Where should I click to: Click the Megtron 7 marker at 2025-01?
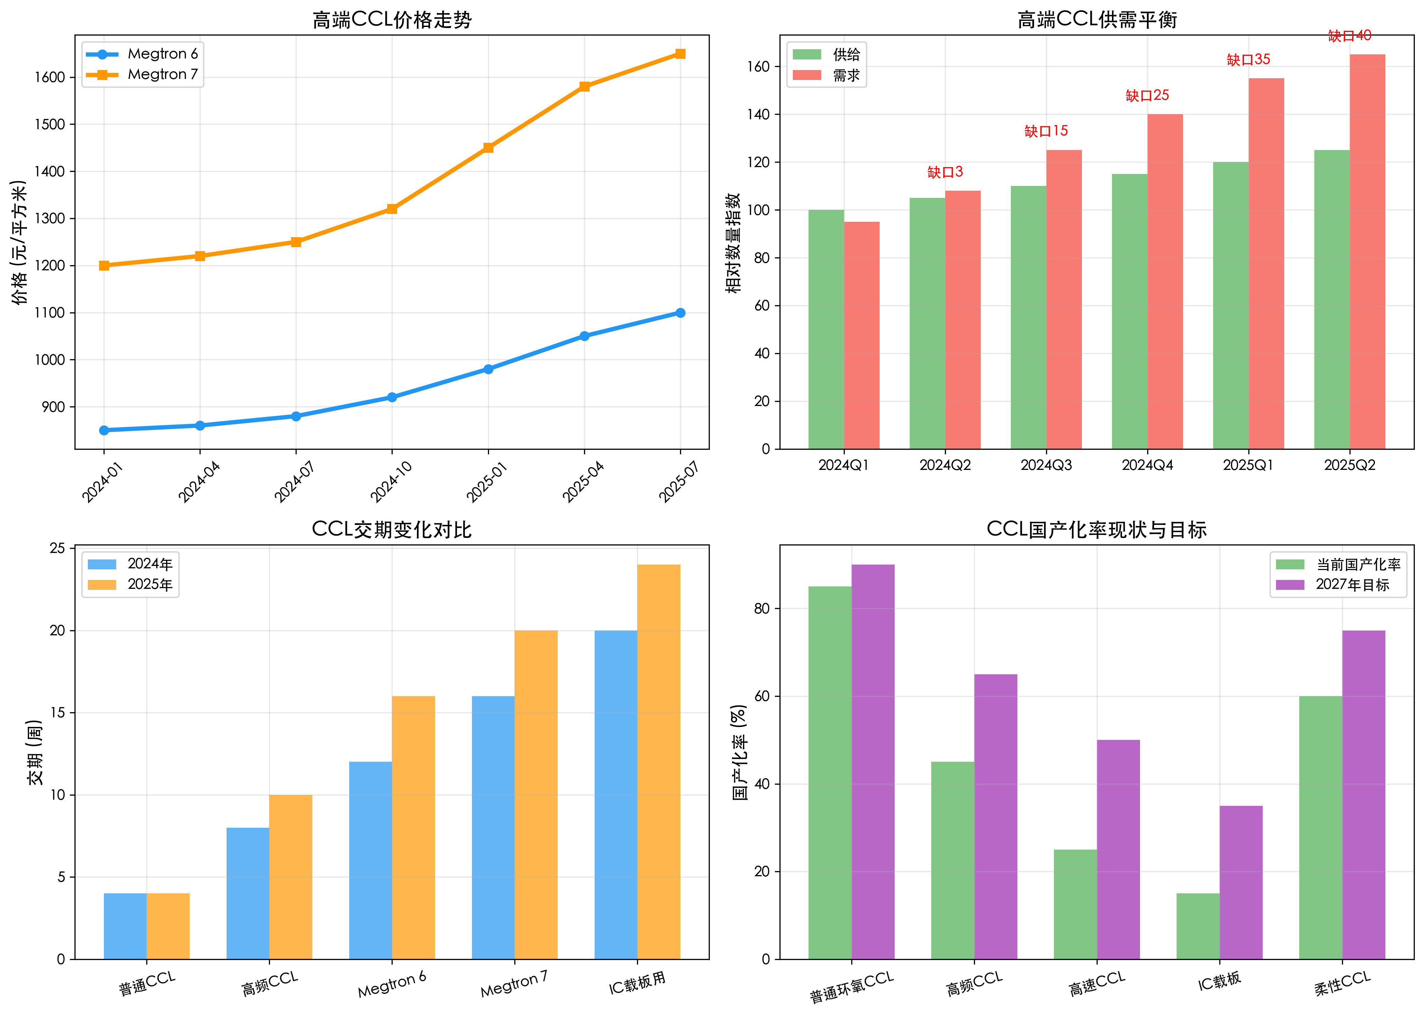pyautogui.click(x=488, y=148)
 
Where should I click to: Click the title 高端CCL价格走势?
pyautogui.click(x=392, y=20)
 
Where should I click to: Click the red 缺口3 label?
pyautogui.click(x=945, y=172)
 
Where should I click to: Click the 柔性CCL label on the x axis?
pyautogui.click(x=1342, y=983)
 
